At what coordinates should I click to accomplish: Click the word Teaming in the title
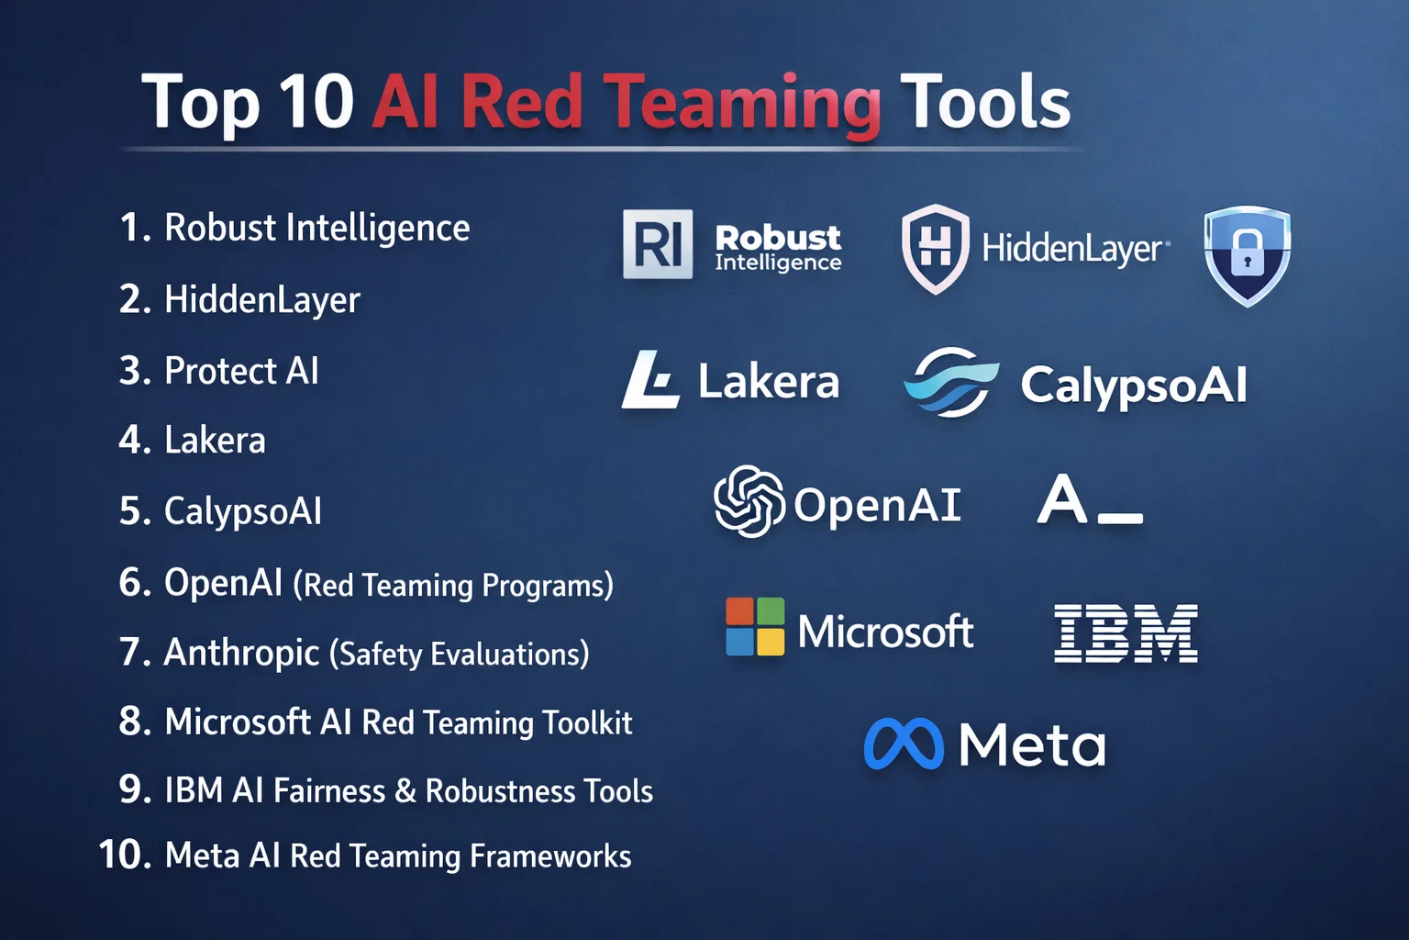[741, 103]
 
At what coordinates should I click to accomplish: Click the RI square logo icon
[658, 244]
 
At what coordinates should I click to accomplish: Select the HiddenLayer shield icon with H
[935, 248]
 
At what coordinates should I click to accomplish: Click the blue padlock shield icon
[1247, 254]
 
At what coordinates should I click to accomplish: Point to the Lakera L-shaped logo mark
[651, 380]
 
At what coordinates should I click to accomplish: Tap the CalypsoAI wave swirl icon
[951, 382]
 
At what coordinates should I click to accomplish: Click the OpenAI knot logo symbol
[749, 501]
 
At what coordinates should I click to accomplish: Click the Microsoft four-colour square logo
[755, 627]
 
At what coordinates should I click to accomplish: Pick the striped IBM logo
[1126, 633]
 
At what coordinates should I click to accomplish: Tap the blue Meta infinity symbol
[904, 744]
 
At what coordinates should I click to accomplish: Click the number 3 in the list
[134, 371]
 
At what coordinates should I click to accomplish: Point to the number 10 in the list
[125, 856]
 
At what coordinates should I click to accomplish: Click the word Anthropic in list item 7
[241, 653]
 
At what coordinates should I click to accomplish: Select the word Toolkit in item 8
[587, 723]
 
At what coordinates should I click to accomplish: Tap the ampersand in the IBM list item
[405, 791]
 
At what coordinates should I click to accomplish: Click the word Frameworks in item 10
[550, 856]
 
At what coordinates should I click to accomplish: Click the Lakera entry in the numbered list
[215, 441]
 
